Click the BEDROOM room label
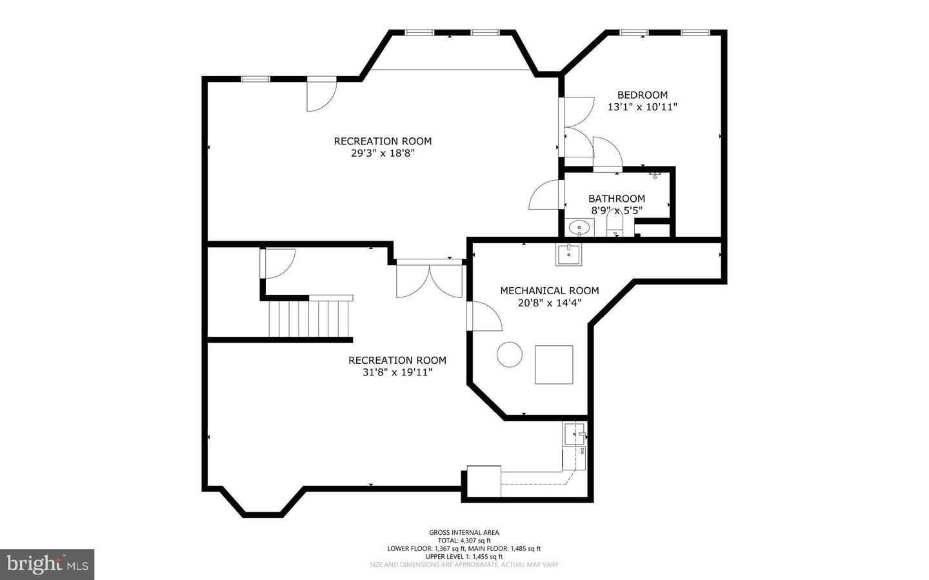pos(642,95)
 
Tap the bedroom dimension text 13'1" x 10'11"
pos(642,107)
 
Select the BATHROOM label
pos(616,199)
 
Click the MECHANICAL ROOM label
pos(549,291)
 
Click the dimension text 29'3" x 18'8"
pos(382,154)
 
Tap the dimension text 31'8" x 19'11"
pos(397,372)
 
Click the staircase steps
pos(310,319)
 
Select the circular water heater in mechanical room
pos(509,354)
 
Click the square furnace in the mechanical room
pos(554,365)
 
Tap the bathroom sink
pos(580,227)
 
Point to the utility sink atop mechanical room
pos(568,255)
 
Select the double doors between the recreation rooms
pos(429,279)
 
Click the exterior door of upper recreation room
pos(321,94)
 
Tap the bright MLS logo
pos(47,565)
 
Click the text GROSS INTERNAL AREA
pos(464,532)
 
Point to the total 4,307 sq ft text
pos(464,541)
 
